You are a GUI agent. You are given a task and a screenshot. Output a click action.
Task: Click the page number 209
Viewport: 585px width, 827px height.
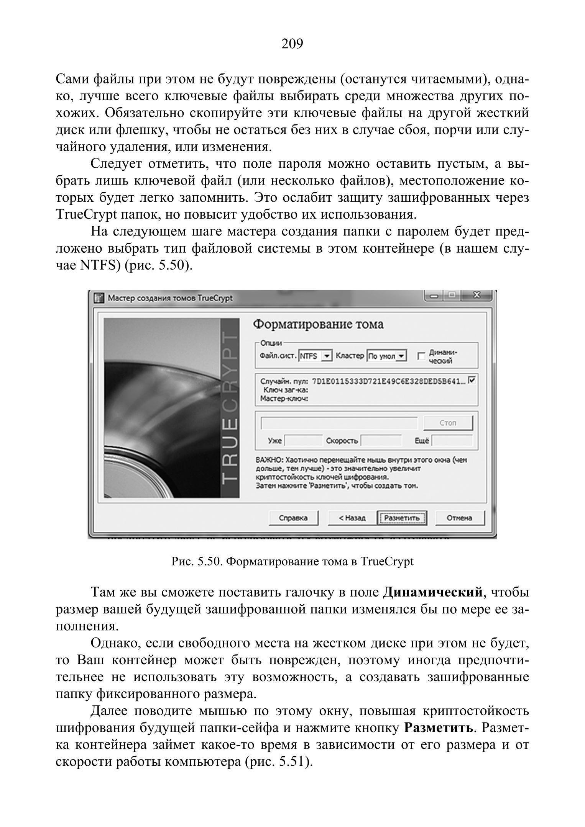[292, 44]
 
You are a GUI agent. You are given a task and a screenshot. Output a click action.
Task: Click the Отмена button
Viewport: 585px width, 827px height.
[459, 518]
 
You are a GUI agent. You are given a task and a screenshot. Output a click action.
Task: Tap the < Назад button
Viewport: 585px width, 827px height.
[352, 518]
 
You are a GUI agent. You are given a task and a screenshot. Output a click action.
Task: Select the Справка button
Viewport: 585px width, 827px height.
[293, 518]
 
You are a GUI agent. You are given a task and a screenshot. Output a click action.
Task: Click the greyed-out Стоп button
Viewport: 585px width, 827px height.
[448, 423]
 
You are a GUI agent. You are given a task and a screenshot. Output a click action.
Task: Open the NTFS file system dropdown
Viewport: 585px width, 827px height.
[327, 356]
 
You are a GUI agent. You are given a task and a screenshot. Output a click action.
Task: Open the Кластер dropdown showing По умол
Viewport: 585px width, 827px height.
[401, 356]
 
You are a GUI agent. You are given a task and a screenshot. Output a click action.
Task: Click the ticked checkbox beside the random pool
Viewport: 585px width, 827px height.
[472, 380]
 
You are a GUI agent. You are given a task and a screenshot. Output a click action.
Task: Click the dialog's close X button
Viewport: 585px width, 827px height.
[477, 296]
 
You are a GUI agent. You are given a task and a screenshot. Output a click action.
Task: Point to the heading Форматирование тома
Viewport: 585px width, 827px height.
[318, 324]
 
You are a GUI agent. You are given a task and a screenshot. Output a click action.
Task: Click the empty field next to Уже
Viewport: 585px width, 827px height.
[303, 441]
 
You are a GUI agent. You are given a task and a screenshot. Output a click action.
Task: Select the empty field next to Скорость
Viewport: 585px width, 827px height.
[381, 441]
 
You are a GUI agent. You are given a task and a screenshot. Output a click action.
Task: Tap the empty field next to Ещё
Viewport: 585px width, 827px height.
[452, 441]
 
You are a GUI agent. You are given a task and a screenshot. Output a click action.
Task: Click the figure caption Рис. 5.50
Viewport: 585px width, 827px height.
[292, 562]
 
